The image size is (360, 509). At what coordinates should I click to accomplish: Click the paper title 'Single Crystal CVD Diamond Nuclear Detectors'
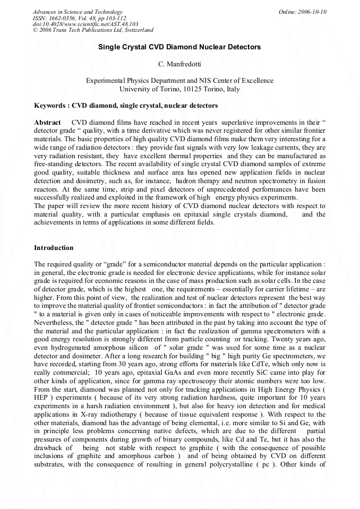179,47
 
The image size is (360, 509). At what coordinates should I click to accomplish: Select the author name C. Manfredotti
179,64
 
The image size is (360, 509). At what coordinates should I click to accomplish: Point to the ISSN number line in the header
79,18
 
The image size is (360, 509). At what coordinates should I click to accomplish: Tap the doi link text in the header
85,24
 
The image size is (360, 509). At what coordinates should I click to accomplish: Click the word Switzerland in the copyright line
137,30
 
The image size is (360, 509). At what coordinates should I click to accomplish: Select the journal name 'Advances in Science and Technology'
78,12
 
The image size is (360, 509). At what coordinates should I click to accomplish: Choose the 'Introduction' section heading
54,248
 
